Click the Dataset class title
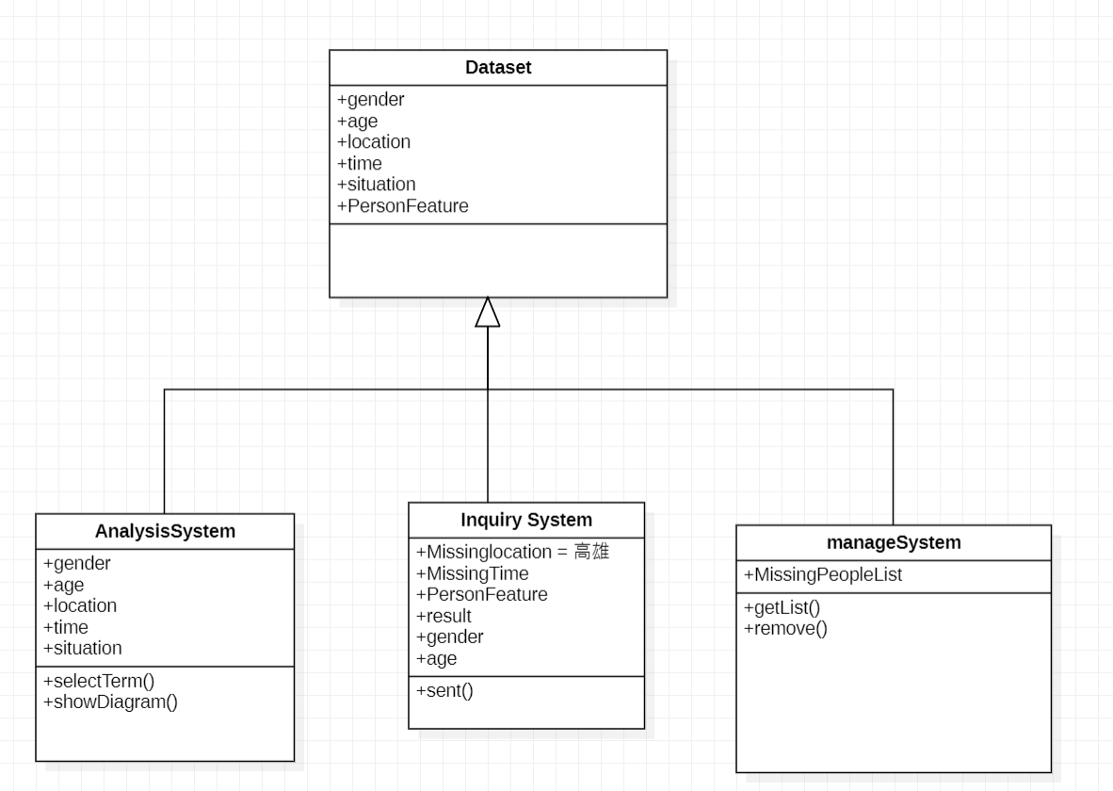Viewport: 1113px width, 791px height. (x=497, y=68)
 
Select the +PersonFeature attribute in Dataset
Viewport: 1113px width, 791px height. (x=402, y=205)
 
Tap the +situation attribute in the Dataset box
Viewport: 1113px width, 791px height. (x=376, y=184)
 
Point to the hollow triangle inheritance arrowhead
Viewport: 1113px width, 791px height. (x=487, y=313)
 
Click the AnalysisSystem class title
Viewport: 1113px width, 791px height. (x=165, y=531)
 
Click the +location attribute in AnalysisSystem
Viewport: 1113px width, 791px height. (x=80, y=605)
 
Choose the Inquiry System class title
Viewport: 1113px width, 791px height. (x=526, y=519)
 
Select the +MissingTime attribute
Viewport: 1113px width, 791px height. (x=472, y=573)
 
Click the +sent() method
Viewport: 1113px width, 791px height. (x=444, y=691)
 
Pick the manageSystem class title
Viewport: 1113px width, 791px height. (x=893, y=542)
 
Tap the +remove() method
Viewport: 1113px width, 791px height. (x=785, y=629)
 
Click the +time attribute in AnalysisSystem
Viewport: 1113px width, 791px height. (x=68, y=627)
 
